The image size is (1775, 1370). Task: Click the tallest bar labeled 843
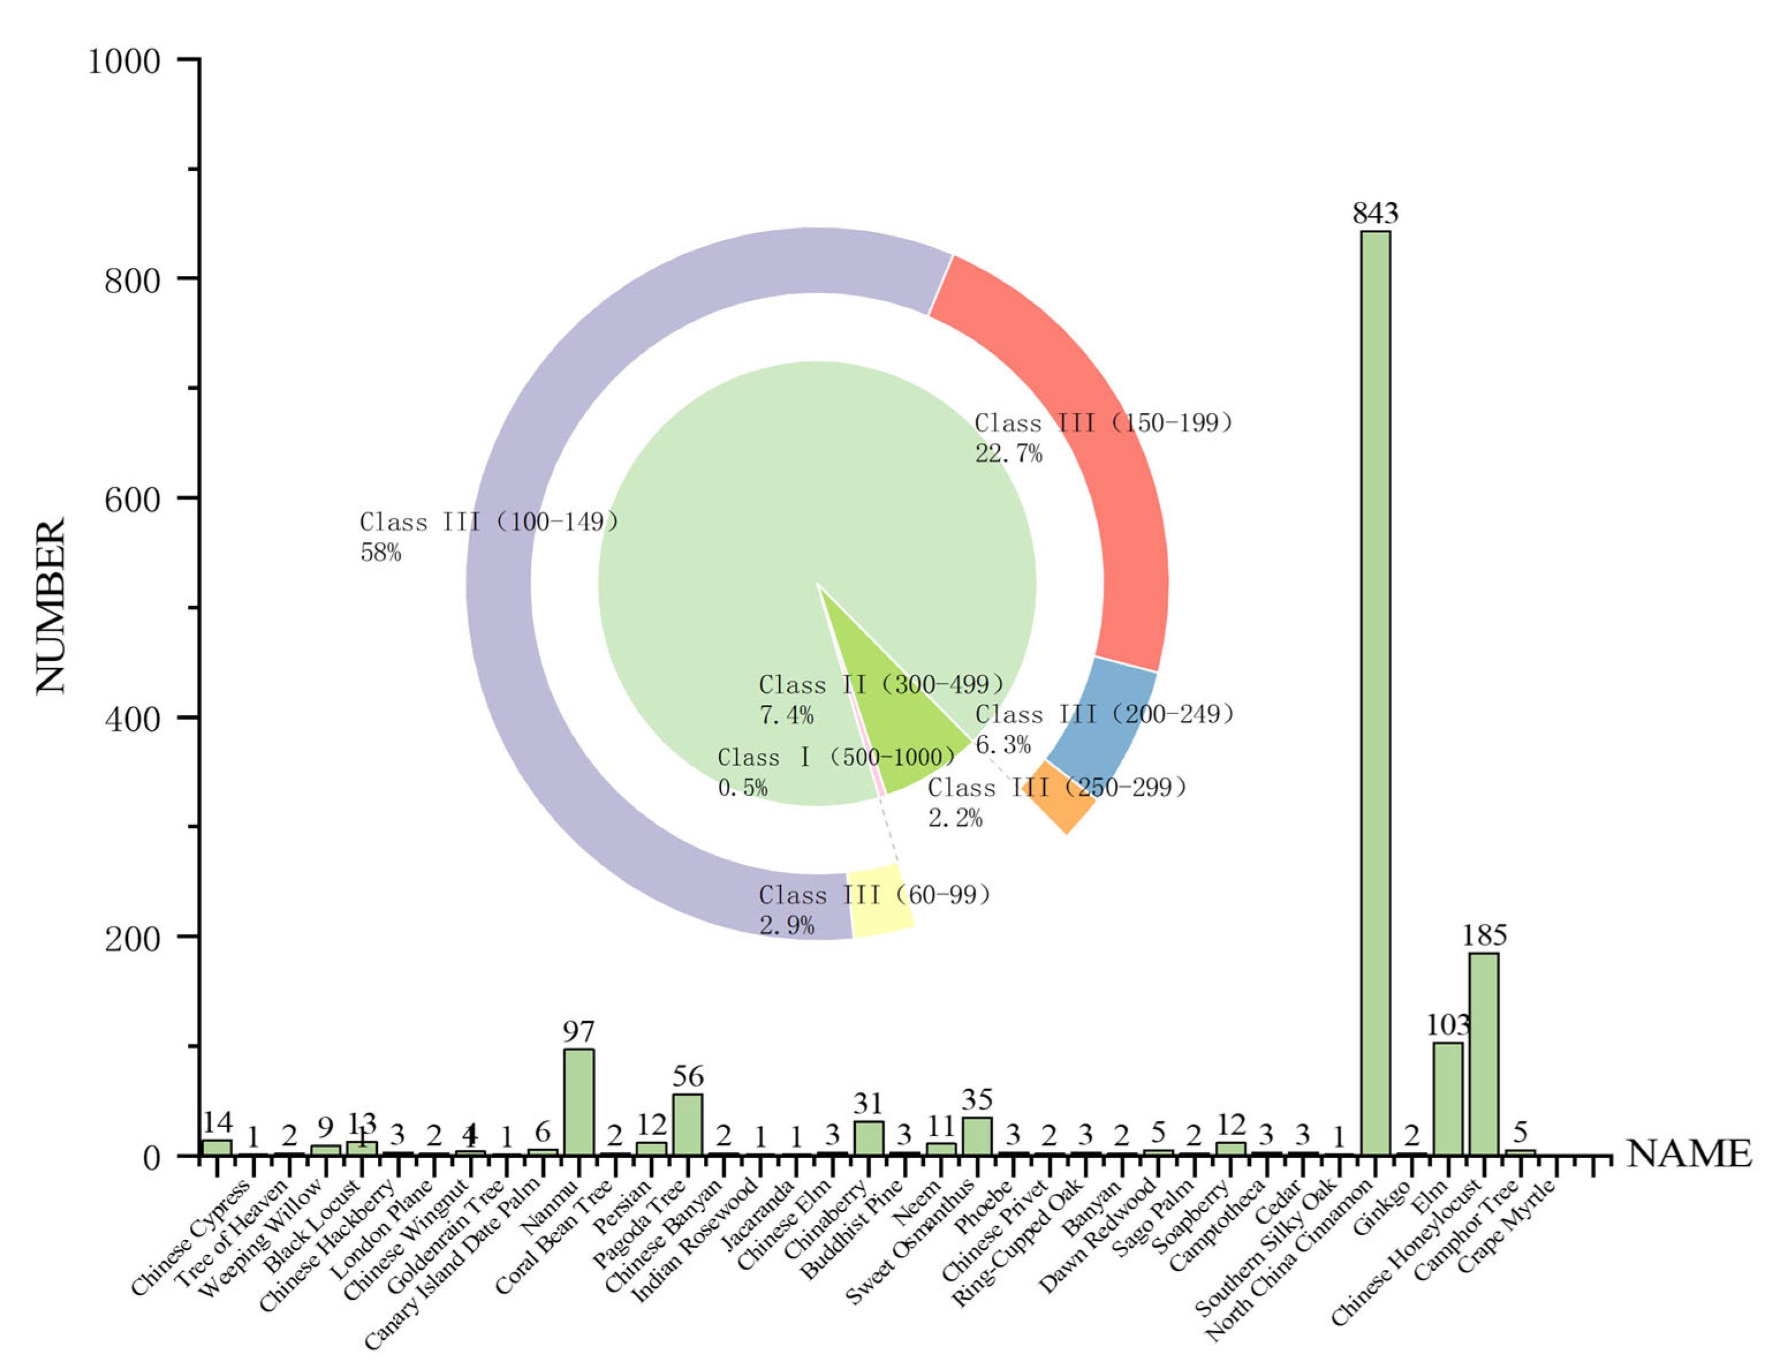pos(1375,690)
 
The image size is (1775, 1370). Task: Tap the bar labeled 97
pos(579,1102)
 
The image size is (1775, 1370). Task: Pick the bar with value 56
pos(688,1125)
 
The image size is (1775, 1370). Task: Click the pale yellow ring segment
pos(881,900)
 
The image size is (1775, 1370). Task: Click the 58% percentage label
pos(380,553)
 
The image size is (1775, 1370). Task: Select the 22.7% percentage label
pos(1008,453)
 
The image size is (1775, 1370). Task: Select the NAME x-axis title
pos(1689,1154)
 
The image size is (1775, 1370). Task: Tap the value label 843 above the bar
pos(1375,213)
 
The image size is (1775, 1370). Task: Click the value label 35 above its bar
pos(977,1100)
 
